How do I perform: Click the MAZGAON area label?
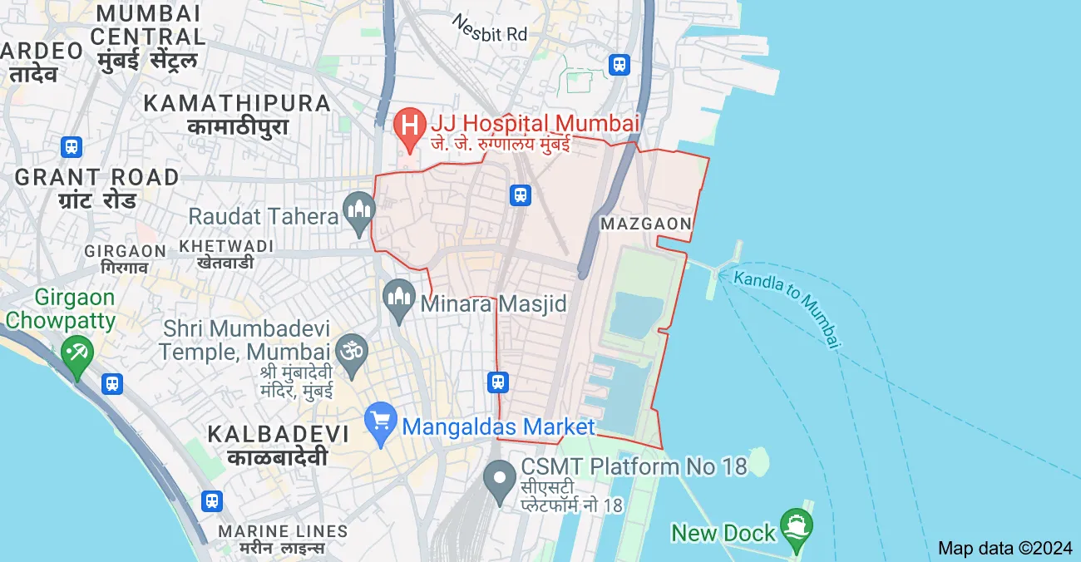coord(646,224)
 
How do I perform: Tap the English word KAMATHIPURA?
coord(237,103)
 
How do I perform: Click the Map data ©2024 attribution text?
coord(1005,548)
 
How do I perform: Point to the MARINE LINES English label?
coord(283,531)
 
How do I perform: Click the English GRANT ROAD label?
coord(96,177)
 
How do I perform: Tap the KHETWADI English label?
coord(225,247)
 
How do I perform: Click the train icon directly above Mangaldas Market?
coord(497,382)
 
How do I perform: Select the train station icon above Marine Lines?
coord(211,501)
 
